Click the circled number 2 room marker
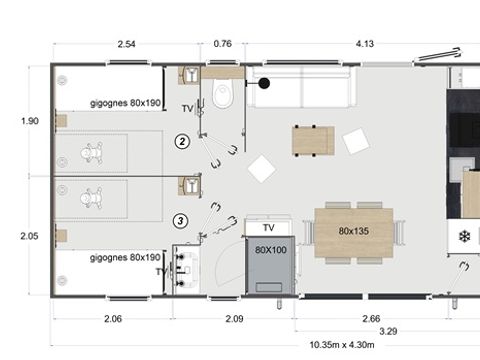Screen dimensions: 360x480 pos(181,141)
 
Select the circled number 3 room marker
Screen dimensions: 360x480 pos(181,221)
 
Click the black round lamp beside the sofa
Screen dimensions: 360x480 pos(265,85)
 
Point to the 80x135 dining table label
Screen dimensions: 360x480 pos(353,231)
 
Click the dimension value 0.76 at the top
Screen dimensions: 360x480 pos(223,45)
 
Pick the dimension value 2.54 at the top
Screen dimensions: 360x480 pos(127,45)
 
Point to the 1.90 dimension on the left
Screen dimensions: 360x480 pos(30,121)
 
